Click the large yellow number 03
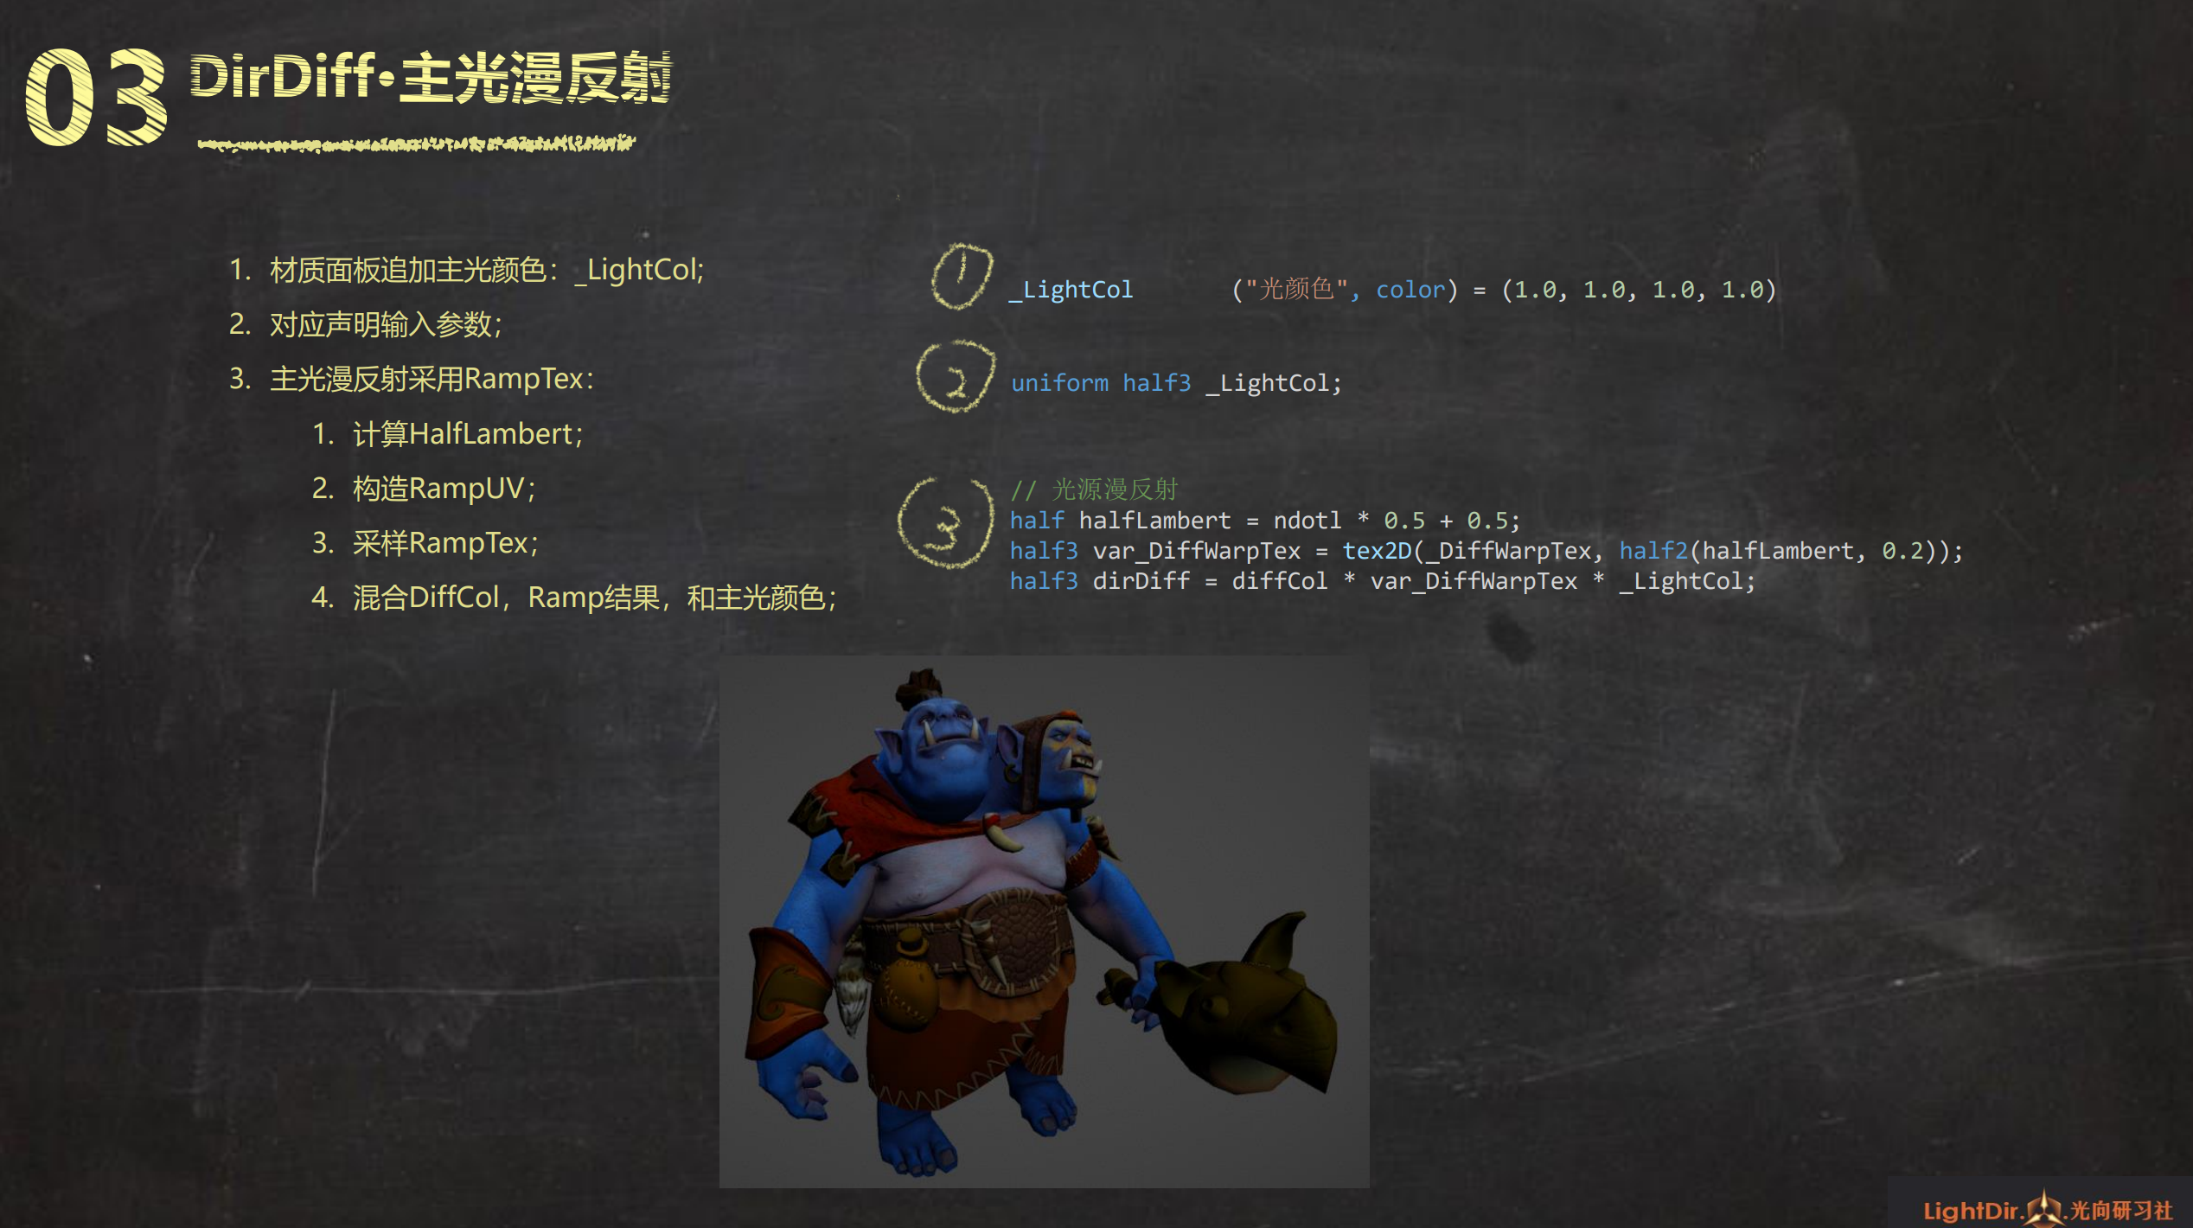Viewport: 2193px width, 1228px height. pos(96,97)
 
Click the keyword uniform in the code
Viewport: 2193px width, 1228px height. pos(1059,383)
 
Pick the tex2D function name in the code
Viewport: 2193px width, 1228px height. pos(1377,551)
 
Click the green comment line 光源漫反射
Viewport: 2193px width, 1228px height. pos(1094,489)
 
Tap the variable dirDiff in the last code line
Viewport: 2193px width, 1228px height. pos(1141,581)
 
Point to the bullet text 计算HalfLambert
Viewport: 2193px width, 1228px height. pos(467,434)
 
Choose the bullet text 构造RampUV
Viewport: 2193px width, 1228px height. pos(444,489)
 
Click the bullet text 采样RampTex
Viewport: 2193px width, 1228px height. pos(444,543)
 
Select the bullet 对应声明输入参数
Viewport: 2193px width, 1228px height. pos(386,325)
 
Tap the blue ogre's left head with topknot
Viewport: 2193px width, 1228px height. pos(938,735)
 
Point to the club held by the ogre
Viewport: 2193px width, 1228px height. pos(1228,1012)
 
